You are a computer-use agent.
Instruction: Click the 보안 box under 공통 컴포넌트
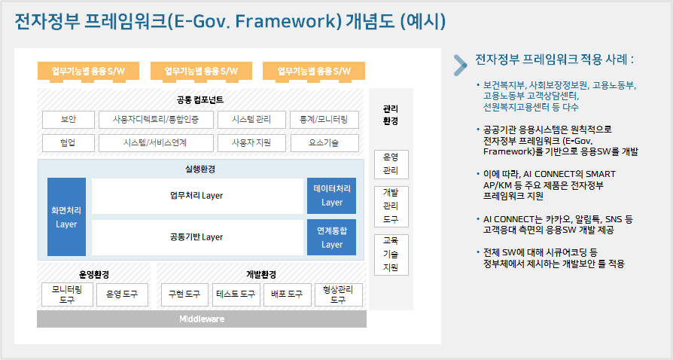point(69,120)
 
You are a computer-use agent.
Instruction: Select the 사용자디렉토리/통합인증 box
point(156,120)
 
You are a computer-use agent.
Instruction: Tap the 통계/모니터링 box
point(324,120)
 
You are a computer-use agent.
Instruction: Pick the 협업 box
point(69,143)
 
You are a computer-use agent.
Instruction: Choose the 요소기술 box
point(324,143)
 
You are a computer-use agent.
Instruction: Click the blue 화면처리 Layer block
point(66,217)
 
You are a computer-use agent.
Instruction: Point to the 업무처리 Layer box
point(197,196)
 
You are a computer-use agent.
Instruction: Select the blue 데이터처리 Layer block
point(331,196)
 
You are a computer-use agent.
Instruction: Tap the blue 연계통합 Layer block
point(331,237)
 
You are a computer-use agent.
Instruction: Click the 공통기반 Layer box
point(197,237)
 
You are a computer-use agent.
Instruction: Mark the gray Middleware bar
point(202,319)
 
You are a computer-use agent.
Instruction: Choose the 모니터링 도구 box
point(67,294)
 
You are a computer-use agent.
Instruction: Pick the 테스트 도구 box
point(236,294)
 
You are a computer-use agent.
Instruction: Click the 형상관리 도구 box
point(338,294)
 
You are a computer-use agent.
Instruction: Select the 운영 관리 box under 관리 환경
point(391,164)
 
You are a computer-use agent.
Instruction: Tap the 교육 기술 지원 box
point(391,255)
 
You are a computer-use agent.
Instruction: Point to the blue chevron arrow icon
point(461,66)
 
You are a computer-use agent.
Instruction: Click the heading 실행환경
point(200,169)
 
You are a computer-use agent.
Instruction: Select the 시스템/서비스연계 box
point(156,143)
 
